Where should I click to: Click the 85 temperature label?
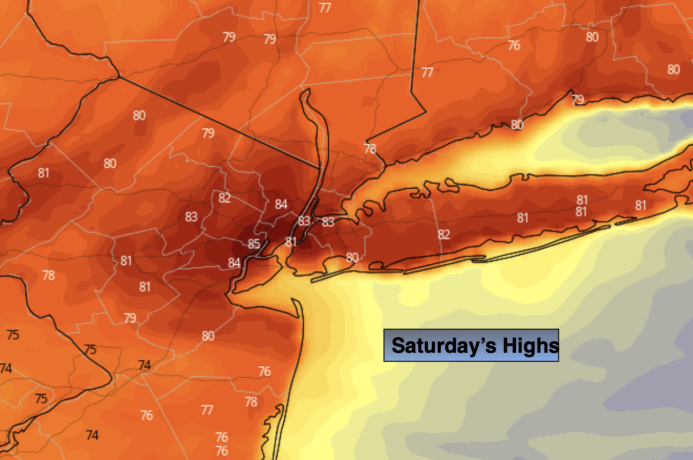[x=254, y=244]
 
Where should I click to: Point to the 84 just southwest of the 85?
[x=234, y=263]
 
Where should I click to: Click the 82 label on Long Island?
[x=443, y=234]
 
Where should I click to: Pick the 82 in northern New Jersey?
[x=224, y=198]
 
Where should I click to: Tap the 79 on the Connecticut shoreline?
[x=577, y=99]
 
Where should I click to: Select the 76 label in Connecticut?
[x=514, y=46]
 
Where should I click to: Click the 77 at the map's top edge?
[x=325, y=8]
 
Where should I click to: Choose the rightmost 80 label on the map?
[x=673, y=69]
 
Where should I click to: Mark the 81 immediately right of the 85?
[x=290, y=242]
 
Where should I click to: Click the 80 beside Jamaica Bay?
[x=352, y=257]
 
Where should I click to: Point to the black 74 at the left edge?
[x=6, y=368]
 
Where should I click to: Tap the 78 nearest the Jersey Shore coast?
[x=251, y=401]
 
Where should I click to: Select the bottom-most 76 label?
[x=222, y=450]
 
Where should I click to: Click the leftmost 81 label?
[x=43, y=173]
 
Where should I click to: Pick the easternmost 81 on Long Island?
[x=641, y=205]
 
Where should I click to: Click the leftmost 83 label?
[x=191, y=217]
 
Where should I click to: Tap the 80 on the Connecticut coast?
[x=517, y=125]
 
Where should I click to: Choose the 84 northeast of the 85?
[x=281, y=204]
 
